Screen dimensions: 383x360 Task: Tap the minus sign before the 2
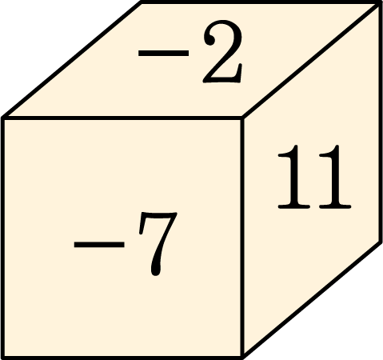click(163, 53)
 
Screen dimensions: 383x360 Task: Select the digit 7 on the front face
click(158, 244)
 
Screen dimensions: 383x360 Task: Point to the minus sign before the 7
click(99, 244)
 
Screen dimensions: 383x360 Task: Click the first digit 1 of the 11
click(294, 177)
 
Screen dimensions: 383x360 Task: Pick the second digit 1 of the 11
click(335, 177)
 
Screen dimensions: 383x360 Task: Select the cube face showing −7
click(122, 238)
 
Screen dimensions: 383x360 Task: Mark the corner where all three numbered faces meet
click(242, 118)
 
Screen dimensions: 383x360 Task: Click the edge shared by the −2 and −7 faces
click(122, 118)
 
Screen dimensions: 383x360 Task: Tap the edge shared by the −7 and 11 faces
click(242, 238)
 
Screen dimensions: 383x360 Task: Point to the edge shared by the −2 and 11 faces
click(311, 60)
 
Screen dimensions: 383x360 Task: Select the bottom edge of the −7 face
click(122, 358)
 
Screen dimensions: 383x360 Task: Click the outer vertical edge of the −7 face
click(2, 238)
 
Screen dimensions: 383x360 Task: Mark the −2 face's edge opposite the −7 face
click(261, 2)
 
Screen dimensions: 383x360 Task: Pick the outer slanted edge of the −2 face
click(72, 60)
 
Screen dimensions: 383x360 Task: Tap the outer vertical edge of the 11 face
click(381, 122)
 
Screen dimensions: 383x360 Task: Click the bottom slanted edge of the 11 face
click(312, 299)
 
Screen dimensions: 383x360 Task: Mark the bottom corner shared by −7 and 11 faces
click(243, 357)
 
